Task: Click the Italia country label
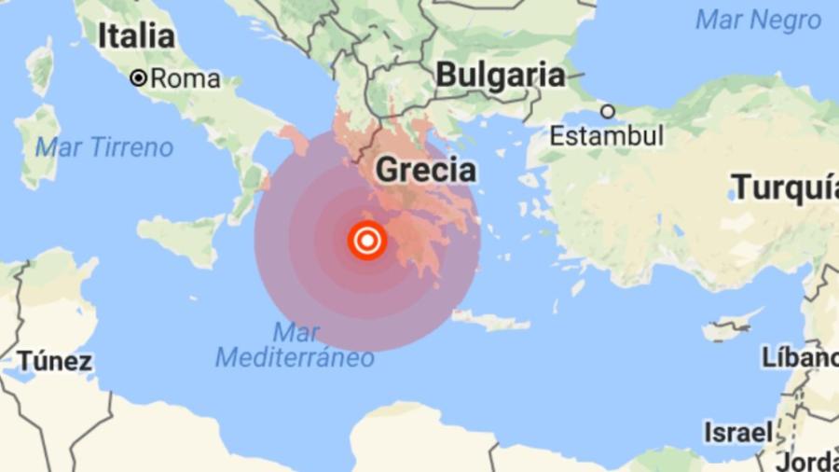tap(136, 36)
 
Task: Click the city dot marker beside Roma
tap(139, 79)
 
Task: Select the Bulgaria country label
tap(501, 76)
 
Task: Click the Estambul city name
tap(606, 135)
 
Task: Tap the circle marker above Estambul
tap(607, 112)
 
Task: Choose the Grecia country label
tap(425, 171)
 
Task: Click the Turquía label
tap(784, 187)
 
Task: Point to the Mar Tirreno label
tap(104, 147)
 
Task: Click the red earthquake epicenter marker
tap(367, 242)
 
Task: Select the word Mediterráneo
tap(295, 357)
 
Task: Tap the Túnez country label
tap(54, 361)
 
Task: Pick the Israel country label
tap(738, 432)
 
